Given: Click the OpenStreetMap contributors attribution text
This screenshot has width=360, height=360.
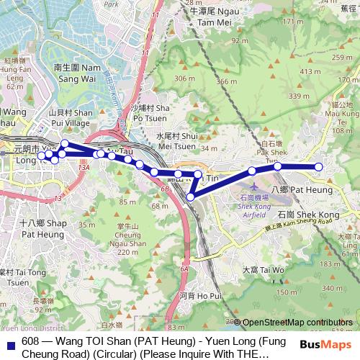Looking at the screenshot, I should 297,322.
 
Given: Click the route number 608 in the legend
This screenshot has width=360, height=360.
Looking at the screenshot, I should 31,341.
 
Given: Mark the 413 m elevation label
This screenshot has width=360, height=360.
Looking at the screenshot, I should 310,71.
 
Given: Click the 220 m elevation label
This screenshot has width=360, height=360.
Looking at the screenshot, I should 127,253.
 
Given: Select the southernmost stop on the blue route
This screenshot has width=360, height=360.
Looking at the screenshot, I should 191,197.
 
